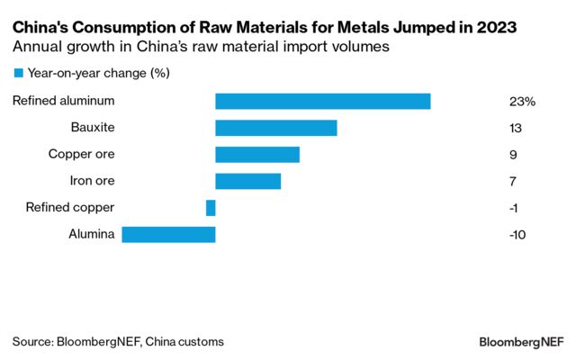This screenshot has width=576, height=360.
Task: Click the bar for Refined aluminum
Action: click(323, 102)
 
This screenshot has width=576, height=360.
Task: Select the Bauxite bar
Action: click(276, 128)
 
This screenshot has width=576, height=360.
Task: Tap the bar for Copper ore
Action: click(257, 155)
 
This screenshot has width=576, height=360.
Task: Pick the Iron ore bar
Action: click(248, 181)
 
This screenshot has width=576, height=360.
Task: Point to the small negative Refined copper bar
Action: click(211, 208)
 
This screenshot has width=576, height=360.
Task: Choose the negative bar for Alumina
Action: click(168, 235)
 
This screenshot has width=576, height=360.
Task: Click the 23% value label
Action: click(522, 102)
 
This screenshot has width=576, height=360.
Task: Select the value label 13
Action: click(516, 129)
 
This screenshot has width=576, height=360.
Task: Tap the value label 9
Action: click(513, 155)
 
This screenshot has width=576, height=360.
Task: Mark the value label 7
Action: click(513, 182)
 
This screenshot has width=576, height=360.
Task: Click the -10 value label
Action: click(517, 235)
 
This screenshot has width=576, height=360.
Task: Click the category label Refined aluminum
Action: click(64, 102)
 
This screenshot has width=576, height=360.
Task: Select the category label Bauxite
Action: click(93, 128)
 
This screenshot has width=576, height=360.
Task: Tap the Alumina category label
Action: click(92, 235)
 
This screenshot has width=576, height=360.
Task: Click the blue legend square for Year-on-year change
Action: click(18, 73)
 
